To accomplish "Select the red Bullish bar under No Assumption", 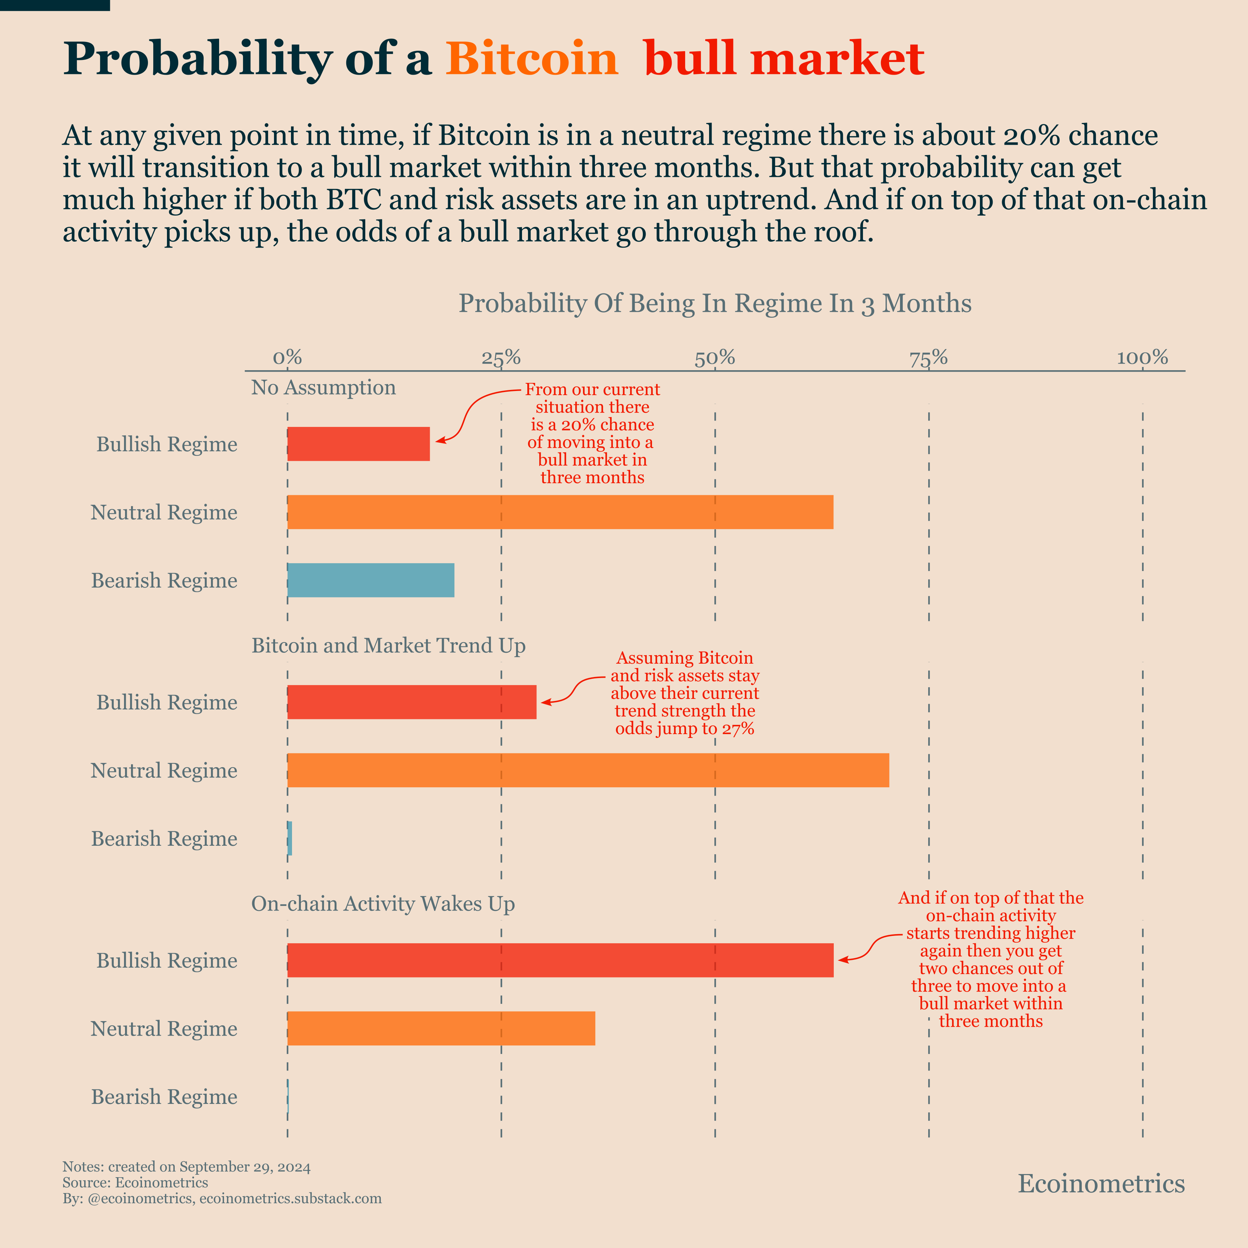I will click(x=359, y=444).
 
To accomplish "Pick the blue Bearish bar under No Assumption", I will click(x=371, y=580).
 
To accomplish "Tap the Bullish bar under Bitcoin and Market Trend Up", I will click(x=411, y=702).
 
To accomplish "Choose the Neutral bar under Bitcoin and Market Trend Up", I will click(x=588, y=770).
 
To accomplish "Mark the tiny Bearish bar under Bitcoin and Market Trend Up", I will click(x=290, y=838).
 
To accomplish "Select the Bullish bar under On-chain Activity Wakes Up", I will click(x=560, y=960).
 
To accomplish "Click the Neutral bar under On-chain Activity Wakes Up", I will click(x=441, y=1028).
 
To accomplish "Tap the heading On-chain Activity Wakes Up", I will click(x=383, y=904).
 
